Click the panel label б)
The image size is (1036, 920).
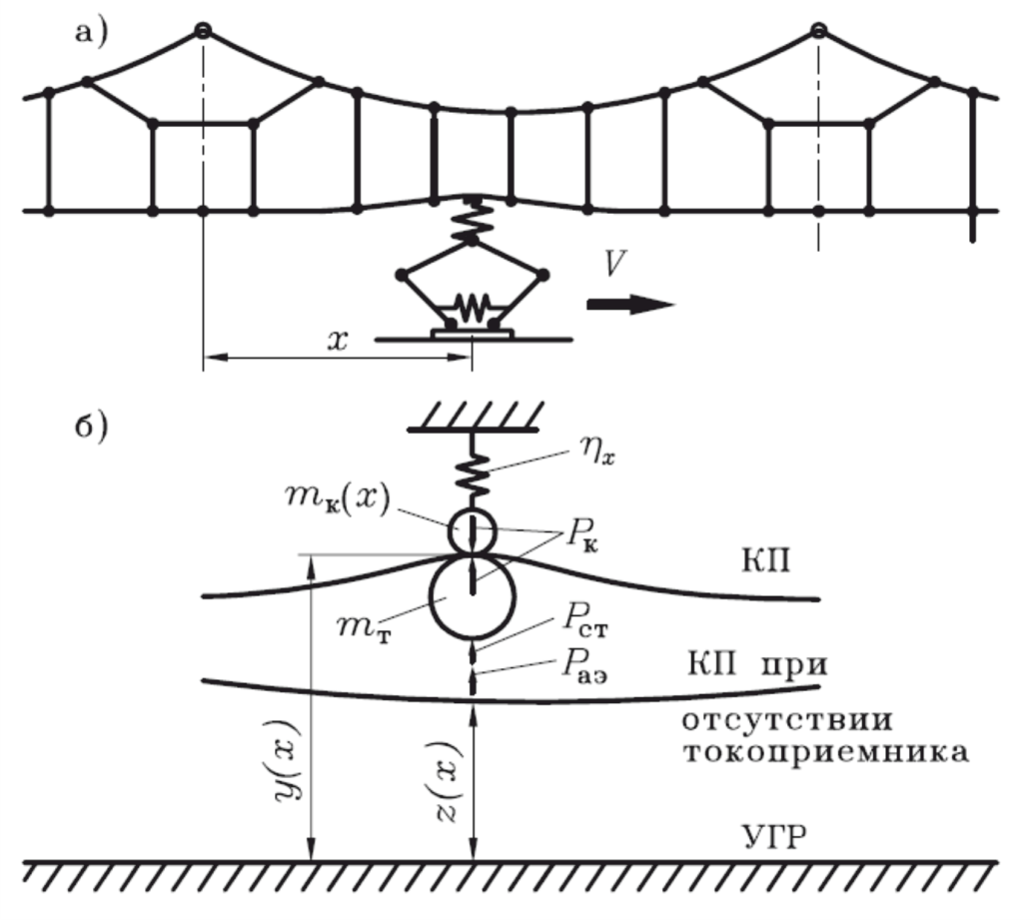(x=91, y=428)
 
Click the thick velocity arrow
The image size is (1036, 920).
(x=631, y=304)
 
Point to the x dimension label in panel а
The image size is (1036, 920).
(x=338, y=341)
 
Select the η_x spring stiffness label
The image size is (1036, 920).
(x=598, y=452)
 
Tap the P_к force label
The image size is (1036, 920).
(x=581, y=535)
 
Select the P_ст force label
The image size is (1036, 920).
(x=585, y=619)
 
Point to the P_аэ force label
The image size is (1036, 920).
(x=584, y=665)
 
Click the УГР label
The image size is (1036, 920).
(x=774, y=838)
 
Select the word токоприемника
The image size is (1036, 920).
(x=825, y=753)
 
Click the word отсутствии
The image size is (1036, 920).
(x=787, y=720)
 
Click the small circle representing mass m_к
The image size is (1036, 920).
(x=473, y=531)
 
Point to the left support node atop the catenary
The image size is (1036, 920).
(x=203, y=30)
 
